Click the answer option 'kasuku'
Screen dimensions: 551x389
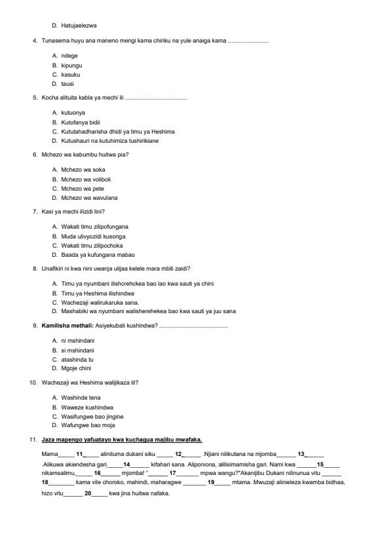pos(70,75)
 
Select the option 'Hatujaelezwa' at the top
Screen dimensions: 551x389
pos(79,26)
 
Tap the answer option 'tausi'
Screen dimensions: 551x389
pos(67,84)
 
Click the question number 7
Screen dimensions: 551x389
pos(35,212)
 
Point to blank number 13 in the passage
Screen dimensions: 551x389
pos(302,454)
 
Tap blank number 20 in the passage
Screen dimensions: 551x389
pos(88,493)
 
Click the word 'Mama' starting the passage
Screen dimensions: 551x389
pos(49,454)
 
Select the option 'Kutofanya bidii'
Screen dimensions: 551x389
pos(81,123)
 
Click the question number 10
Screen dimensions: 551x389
pos(33,383)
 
